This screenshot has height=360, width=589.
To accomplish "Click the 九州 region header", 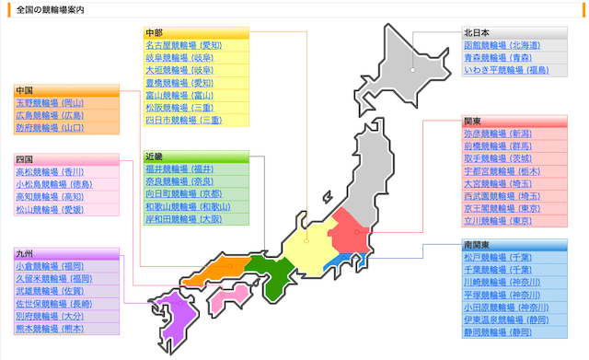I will pos(25,253).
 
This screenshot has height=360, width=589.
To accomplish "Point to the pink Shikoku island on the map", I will pos(225,298).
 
